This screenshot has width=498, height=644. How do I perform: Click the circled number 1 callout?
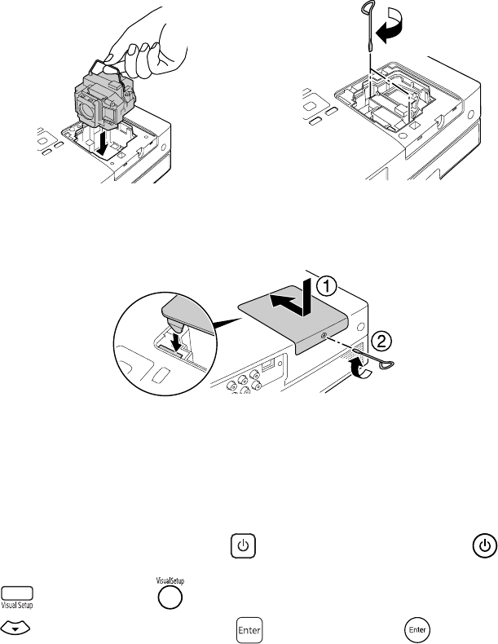(x=325, y=286)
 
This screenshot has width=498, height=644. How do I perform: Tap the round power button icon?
(x=483, y=546)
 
